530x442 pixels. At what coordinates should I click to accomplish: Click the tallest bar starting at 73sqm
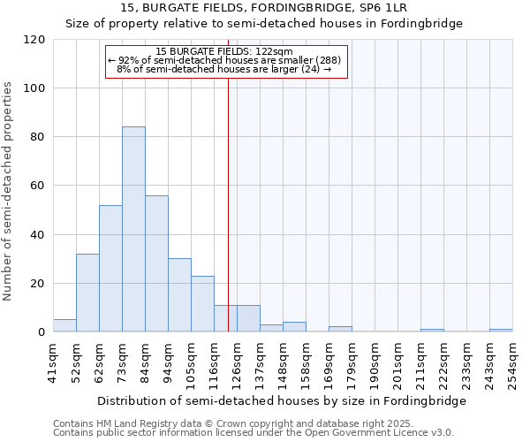[133, 230]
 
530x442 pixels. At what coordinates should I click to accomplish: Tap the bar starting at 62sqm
[110, 269]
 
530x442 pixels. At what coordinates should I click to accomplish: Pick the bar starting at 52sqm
[87, 293]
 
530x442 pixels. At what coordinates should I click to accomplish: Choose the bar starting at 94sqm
[179, 295]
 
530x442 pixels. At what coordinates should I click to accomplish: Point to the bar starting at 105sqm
[202, 304]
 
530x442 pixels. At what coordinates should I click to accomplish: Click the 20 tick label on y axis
[39, 284]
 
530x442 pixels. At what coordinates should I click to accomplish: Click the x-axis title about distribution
[281, 400]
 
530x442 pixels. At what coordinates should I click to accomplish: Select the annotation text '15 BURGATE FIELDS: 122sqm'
[229, 51]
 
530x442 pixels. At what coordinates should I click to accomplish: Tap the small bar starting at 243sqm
[501, 331]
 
